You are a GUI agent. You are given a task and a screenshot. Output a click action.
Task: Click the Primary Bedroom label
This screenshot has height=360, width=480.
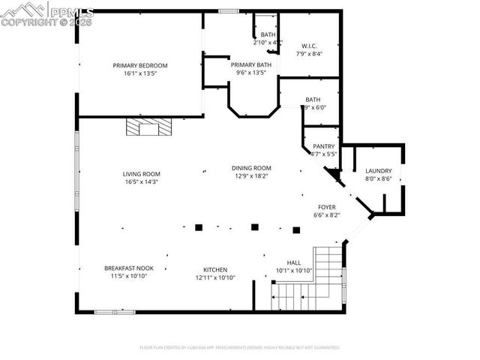(140, 66)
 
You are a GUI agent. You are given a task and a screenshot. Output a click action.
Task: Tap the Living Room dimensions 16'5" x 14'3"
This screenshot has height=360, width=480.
(141, 181)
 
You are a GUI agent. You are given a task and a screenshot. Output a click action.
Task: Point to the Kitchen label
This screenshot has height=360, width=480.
(215, 269)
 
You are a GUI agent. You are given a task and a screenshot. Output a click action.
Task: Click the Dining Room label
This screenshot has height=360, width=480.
(252, 168)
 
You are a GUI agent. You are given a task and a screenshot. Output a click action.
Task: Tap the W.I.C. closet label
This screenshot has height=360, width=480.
(308, 46)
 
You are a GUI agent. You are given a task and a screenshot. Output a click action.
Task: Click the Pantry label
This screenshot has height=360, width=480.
(324, 146)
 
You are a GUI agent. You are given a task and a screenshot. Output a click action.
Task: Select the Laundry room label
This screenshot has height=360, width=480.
(378, 171)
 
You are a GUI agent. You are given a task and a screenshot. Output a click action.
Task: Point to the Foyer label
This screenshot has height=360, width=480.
(327, 207)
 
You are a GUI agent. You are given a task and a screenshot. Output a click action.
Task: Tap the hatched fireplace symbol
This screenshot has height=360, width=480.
(148, 127)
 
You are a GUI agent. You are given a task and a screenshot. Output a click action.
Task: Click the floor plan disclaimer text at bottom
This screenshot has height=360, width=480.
(240, 347)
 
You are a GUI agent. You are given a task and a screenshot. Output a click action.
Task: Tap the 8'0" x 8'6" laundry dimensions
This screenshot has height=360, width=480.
(378, 178)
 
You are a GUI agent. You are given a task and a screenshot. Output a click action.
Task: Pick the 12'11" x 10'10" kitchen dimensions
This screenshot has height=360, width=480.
(215, 277)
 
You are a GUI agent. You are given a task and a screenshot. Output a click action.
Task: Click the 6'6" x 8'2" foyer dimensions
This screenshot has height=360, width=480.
(327, 214)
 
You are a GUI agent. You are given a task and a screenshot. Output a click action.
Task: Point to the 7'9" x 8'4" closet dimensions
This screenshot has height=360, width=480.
(308, 54)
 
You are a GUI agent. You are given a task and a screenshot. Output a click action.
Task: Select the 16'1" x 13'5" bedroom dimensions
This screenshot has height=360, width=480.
(140, 74)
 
